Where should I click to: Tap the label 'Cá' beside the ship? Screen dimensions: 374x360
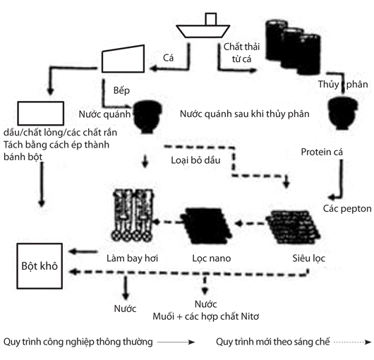[168, 58]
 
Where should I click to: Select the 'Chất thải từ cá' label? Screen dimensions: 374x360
[241, 53]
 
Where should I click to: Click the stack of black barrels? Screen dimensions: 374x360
[294, 47]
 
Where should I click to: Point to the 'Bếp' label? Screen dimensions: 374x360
[121, 90]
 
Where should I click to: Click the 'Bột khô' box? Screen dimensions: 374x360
[40, 266]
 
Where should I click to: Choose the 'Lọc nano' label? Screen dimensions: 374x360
[212, 258]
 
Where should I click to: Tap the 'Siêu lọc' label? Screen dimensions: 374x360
[308, 258]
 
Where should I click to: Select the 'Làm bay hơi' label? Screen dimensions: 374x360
[132, 258]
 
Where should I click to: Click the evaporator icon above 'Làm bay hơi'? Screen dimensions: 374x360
[132, 215]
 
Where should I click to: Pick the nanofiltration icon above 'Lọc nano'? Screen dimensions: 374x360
[206, 225]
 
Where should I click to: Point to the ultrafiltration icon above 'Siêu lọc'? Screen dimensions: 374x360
[294, 227]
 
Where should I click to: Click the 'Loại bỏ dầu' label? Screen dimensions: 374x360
[195, 160]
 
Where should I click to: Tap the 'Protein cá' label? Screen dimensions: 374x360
[322, 152]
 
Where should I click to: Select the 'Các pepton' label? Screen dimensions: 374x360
[347, 209]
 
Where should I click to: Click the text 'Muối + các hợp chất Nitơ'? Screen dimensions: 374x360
[206, 317]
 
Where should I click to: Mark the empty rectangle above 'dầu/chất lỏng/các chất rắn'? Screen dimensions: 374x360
[40, 114]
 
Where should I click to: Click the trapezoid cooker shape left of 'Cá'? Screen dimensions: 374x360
[123, 59]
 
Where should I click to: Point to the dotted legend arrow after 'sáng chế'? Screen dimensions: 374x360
[353, 342]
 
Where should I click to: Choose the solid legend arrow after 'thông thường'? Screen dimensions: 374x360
[176, 342]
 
